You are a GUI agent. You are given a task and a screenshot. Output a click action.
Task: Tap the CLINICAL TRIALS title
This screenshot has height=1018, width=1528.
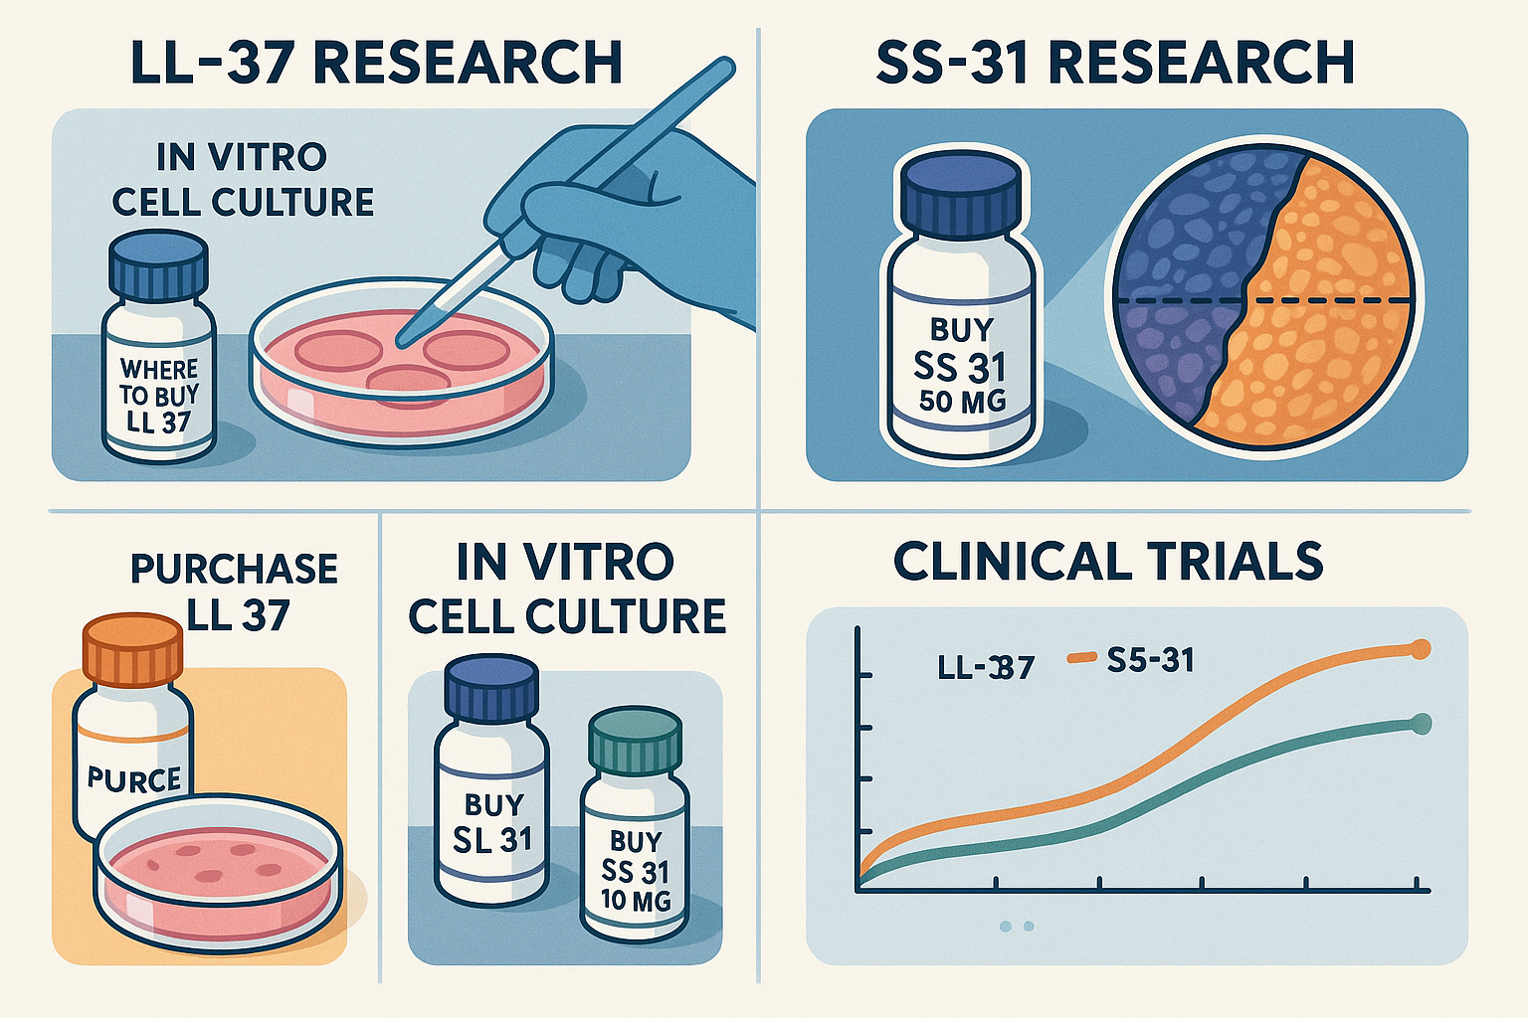(x=1108, y=562)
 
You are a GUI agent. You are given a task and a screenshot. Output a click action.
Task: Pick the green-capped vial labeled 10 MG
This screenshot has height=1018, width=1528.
(x=635, y=835)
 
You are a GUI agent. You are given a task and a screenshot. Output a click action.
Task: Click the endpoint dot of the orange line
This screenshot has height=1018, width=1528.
(x=1422, y=650)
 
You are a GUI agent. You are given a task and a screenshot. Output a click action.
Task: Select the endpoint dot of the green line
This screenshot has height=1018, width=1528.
(x=1422, y=724)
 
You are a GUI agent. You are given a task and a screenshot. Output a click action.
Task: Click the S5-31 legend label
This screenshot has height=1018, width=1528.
(x=1149, y=660)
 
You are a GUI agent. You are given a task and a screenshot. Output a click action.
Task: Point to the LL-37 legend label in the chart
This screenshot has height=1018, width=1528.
(x=986, y=667)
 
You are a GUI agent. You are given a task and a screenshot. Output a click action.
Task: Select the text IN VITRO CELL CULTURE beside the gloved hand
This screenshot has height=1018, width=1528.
(x=243, y=180)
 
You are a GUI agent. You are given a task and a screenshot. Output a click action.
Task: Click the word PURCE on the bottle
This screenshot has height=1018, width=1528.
(x=133, y=779)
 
